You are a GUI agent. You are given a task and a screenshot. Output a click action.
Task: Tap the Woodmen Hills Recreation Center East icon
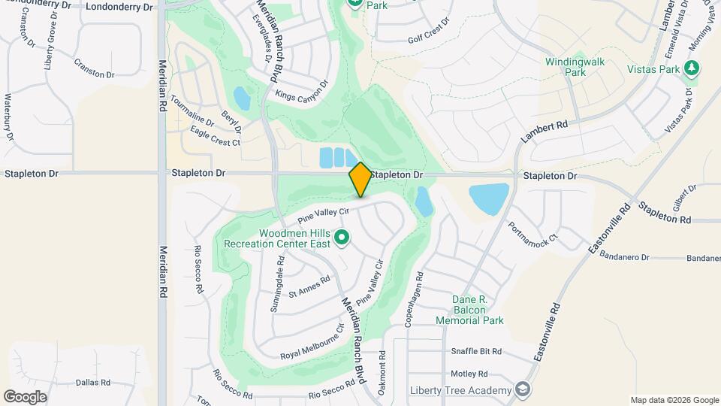coord(342,238)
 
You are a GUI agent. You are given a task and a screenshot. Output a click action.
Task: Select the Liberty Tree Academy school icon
coord(523,389)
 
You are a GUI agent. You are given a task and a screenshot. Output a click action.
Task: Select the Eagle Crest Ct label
coord(215,137)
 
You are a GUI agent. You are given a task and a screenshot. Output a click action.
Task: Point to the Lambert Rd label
coord(544,132)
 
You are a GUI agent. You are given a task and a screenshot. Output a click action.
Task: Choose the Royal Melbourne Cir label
coord(312,343)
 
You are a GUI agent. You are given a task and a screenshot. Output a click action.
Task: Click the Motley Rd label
coord(469,373)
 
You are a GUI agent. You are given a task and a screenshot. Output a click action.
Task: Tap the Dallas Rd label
coord(93,382)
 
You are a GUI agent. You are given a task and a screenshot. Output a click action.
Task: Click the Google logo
coord(25,397)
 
